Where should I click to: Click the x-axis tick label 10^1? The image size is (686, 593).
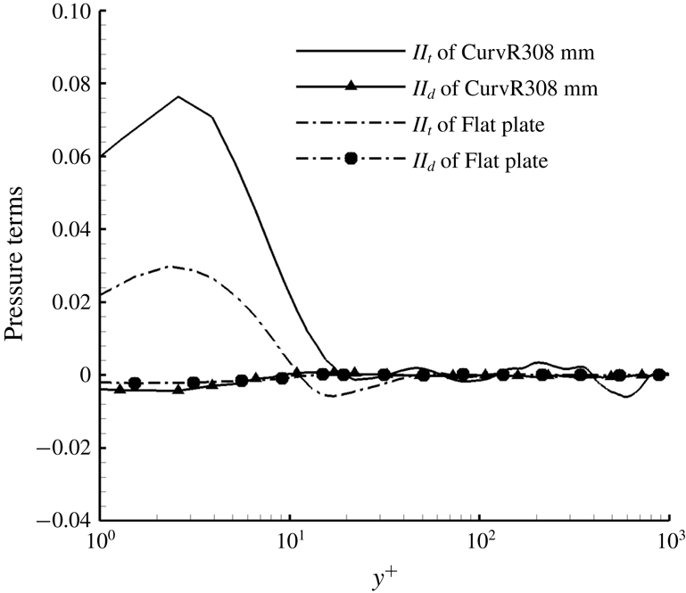point(291,541)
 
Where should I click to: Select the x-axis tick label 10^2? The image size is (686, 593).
point(481,541)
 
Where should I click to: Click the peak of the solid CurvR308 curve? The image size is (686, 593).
point(178,96)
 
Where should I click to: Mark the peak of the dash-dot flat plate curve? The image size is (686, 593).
point(174,267)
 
